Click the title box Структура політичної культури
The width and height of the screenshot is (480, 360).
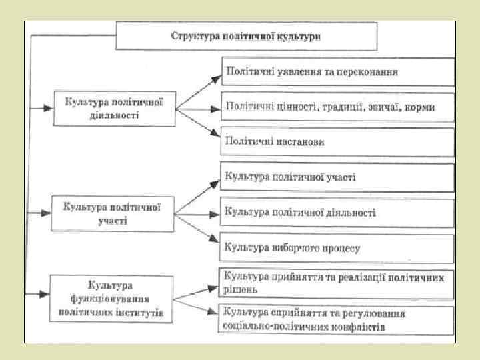(246, 35)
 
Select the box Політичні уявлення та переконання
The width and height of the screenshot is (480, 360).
(338, 71)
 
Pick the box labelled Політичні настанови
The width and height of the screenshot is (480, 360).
(338, 141)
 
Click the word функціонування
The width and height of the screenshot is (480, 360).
(112, 299)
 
